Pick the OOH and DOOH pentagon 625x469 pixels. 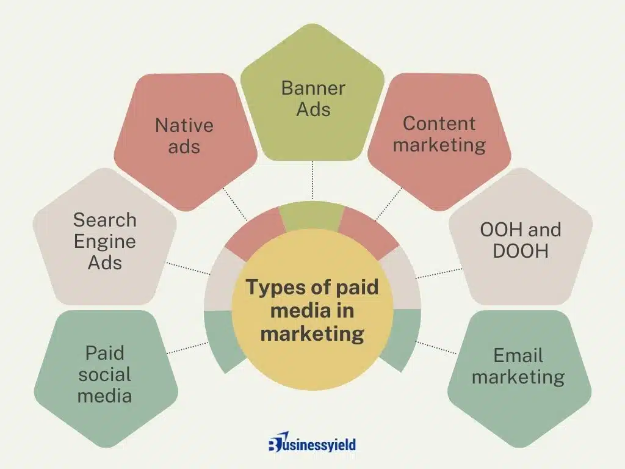pos(521,238)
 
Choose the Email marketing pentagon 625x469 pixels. pos(519,379)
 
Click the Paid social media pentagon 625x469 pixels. pos(106,379)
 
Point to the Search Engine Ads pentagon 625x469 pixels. pos(105,238)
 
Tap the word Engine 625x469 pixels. pos(105,241)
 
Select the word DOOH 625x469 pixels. pos(521,251)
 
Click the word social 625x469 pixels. pos(105,374)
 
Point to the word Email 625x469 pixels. pos(518,355)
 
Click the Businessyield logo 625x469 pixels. pos(312,442)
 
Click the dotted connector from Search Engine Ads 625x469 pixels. pos(188,269)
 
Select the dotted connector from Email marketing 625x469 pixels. pos(436,347)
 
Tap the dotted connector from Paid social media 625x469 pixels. pos(187,347)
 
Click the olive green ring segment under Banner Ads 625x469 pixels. pos(312,216)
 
